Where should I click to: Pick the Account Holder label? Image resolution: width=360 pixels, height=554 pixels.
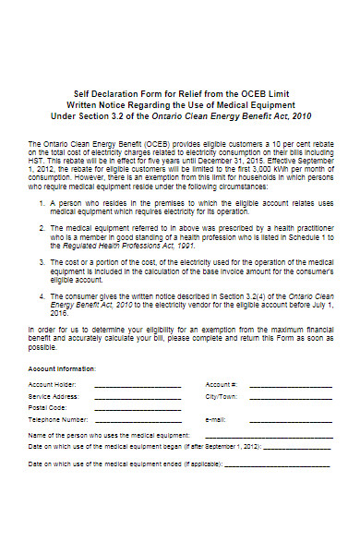click(52, 383)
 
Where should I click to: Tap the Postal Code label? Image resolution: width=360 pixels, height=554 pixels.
click(48, 407)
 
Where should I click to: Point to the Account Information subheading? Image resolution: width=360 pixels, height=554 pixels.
click(62, 367)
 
